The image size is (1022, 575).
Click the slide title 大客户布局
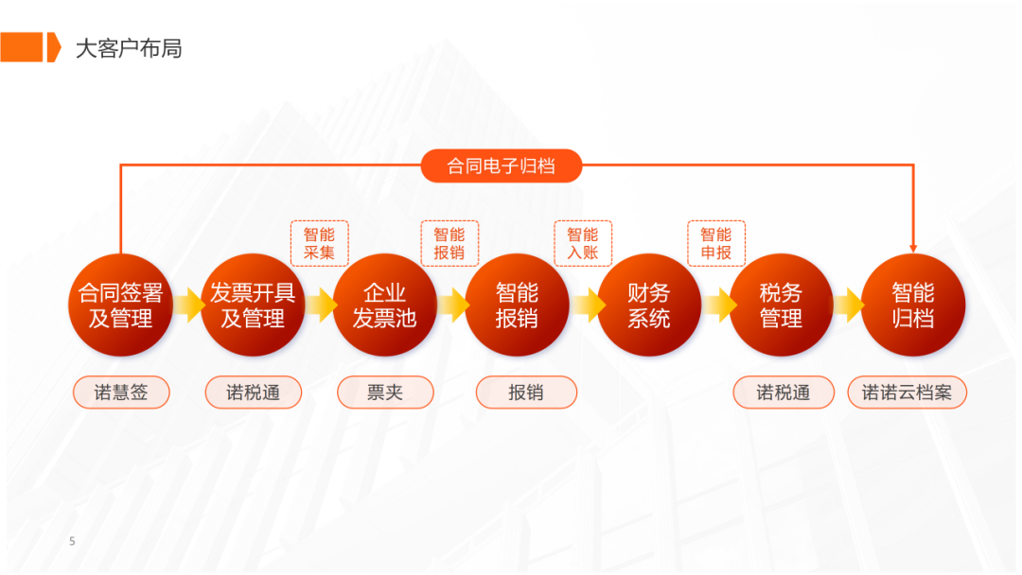[x=129, y=48]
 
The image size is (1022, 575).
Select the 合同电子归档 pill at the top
[x=502, y=166]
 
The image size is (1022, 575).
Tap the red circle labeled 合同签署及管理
[x=120, y=305]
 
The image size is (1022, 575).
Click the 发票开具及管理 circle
[x=253, y=305]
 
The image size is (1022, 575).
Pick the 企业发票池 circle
[x=384, y=305]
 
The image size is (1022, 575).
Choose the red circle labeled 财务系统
[x=649, y=305]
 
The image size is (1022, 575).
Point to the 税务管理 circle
[x=781, y=305]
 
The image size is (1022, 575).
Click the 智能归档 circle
[x=913, y=305]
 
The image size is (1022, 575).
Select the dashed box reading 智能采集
[x=320, y=244]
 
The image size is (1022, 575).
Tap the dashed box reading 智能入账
[x=583, y=244]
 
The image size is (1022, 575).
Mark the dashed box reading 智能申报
[x=716, y=244]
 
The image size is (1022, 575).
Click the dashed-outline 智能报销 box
[x=449, y=244]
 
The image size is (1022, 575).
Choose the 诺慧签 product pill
[x=121, y=392]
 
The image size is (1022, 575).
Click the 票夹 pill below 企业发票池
[x=385, y=392]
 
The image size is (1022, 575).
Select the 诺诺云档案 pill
[x=907, y=392]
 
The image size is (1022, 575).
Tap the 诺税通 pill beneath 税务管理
[x=784, y=392]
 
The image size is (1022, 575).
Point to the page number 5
[x=72, y=541]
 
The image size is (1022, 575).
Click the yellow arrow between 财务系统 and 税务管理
[x=720, y=305]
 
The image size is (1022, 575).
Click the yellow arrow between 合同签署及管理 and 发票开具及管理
[x=189, y=305]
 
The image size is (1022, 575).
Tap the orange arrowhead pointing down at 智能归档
[x=913, y=249]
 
